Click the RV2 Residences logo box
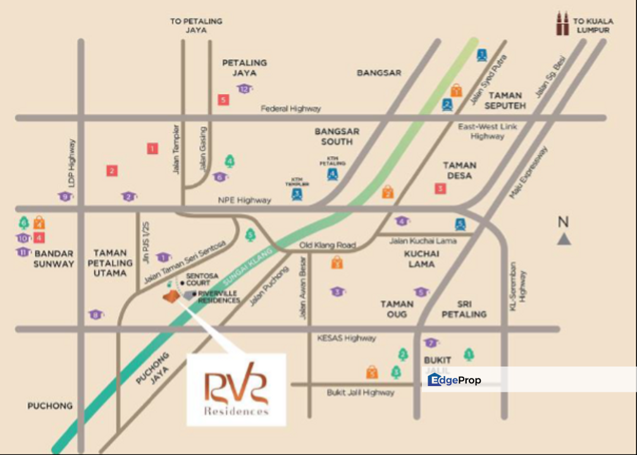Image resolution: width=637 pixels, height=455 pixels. (x=236, y=389)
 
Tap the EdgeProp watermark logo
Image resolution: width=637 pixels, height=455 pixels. (x=454, y=380)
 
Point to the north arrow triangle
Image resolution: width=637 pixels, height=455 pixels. (x=564, y=239)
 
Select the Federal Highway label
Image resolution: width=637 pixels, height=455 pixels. (x=291, y=109)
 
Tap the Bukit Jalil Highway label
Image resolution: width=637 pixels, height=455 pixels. (x=361, y=392)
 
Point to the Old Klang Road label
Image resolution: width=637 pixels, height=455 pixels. (x=328, y=245)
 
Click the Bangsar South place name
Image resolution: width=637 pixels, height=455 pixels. (x=337, y=136)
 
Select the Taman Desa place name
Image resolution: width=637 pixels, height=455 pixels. (x=459, y=170)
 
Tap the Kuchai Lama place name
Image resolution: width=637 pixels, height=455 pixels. (x=421, y=258)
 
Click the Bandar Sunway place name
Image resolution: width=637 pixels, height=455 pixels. (x=54, y=258)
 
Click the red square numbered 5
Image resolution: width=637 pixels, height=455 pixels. (x=223, y=99)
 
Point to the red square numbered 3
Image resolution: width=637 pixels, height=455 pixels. (x=440, y=188)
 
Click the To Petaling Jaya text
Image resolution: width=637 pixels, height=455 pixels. (x=196, y=25)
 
